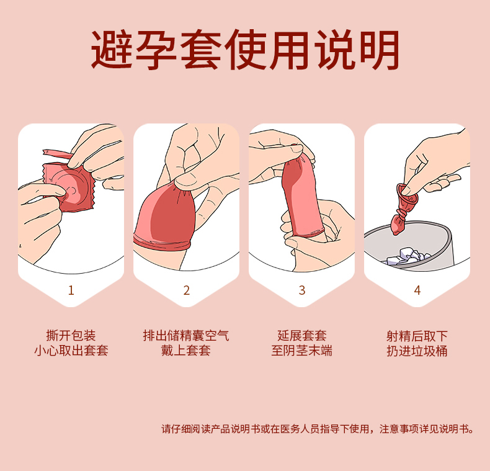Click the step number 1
pos(71,290)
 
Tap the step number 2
pos(187,290)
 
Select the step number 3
pos(302,290)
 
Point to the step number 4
pos(417,290)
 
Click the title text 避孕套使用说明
pos(245,50)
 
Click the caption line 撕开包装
pos(71,336)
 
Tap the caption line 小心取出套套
pos(71,350)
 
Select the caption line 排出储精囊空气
pos(186,336)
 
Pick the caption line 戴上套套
pos(186,350)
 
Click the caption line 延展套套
pos(302,336)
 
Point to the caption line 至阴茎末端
pos(302,350)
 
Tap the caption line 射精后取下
pos(417,336)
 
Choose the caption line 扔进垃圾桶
pos(417,351)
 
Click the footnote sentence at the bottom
pos(318,429)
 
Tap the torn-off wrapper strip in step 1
pos(56,154)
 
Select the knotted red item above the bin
pos(403,209)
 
